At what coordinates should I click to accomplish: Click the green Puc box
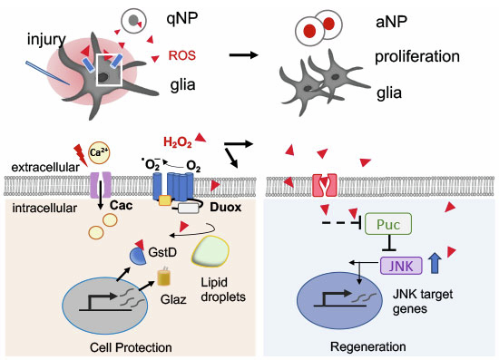coord(388,224)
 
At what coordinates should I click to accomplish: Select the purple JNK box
coord(401,266)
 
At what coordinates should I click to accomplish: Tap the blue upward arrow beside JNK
coord(435,263)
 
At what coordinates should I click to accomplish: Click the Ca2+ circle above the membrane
coord(99,152)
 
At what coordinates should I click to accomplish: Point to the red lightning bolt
coord(81,154)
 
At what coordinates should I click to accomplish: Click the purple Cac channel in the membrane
coord(101,184)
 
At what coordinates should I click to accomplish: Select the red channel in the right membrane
coord(324,185)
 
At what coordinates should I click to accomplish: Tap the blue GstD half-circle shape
coord(139,257)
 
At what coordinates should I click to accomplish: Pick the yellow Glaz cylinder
coord(164,277)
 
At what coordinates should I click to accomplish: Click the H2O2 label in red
coord(178,142)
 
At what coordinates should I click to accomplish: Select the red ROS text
coord(181,55)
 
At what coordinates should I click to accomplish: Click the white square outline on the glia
coord(110,70)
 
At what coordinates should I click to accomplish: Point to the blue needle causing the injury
coord(47,73)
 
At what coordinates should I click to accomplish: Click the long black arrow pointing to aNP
coord(244,55)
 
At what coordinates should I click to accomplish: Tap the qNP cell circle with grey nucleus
coord(133,21)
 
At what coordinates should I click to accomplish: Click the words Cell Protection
coord(131,347)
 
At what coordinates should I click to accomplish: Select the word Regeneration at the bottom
coord(367,346)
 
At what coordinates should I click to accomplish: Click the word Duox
coord(226,208)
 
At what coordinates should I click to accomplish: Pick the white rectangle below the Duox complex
coord(189,208)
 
